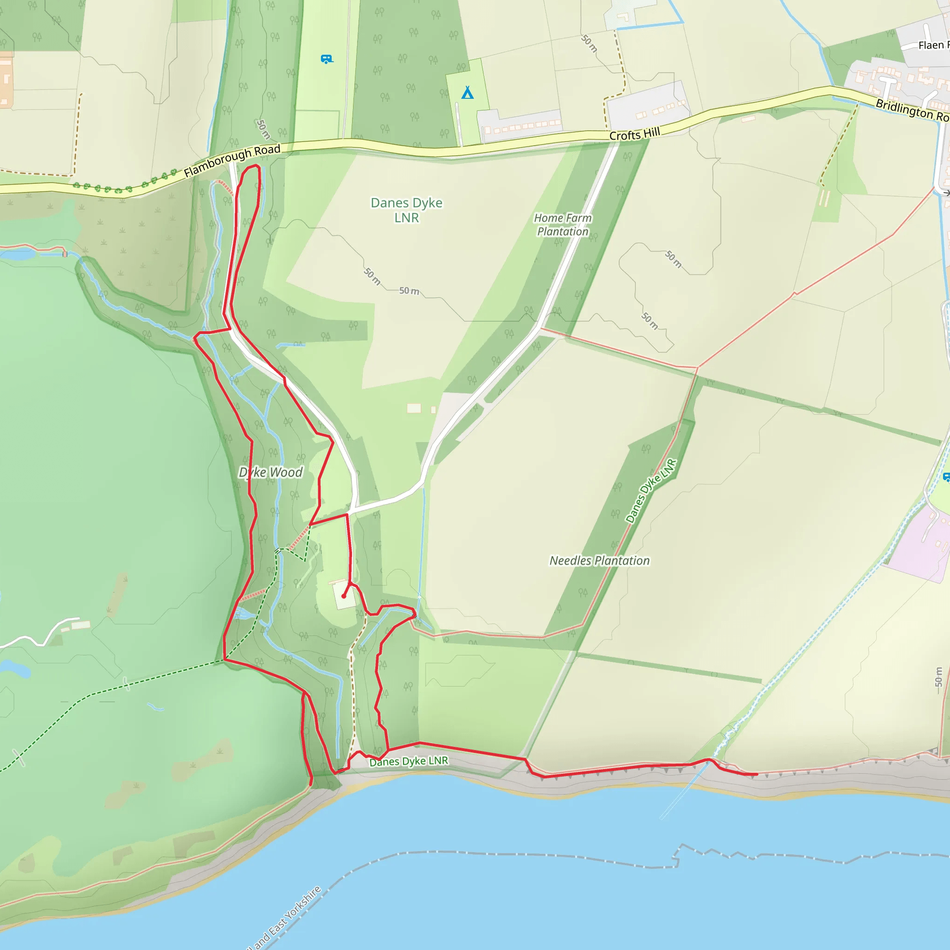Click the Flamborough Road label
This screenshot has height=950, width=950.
click(232, 161)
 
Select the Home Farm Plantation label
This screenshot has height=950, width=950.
click(563, 225)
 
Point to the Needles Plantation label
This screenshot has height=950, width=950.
click(599, 560)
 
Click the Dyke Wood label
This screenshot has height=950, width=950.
click(270, 473)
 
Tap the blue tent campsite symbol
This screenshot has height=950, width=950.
click(468, 92)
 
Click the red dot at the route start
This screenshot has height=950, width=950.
click(344, 596)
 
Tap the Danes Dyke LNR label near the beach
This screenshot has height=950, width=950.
click(409, 761)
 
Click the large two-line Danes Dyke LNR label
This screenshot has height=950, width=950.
click(407, 210)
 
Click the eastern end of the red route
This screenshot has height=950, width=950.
click(756, 775)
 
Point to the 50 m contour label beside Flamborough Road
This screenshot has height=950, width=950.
click(263, 129)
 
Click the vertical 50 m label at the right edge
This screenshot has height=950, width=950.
click(939, 677)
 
